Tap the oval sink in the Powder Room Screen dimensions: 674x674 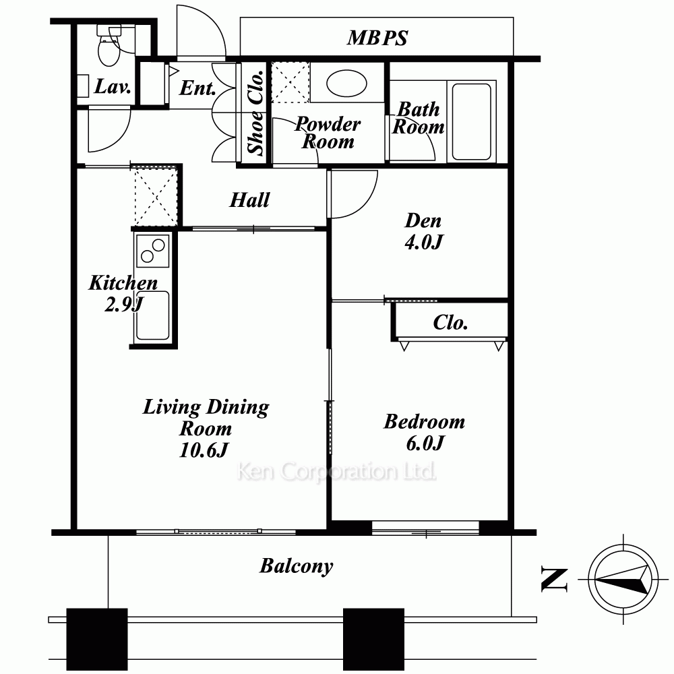(x=346, y=84)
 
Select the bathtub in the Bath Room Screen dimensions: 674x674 (x=472, y=121)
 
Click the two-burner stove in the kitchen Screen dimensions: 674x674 (x=152, y=251)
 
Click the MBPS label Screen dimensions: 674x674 (x=377, y=38)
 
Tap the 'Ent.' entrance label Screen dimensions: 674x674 (x=197, y=88)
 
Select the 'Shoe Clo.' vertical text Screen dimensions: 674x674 (x=255, y=112)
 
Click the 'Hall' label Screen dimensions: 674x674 (x=250, y=200)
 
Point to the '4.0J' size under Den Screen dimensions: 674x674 (x=423, y=242)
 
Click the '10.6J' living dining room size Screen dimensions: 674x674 (x=204, y=450)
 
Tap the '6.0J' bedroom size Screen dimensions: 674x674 (x=424, y=443)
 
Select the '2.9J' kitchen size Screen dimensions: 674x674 (x=124, y=305)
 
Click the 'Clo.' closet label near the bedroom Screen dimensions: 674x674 (x=450, y=322)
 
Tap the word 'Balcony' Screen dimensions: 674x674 (x=296, y=566)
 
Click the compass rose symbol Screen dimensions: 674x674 (x=623, y=580)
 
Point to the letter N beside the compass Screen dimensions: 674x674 (x=554, y=580)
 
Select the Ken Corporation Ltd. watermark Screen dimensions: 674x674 (x=336, y=472)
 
